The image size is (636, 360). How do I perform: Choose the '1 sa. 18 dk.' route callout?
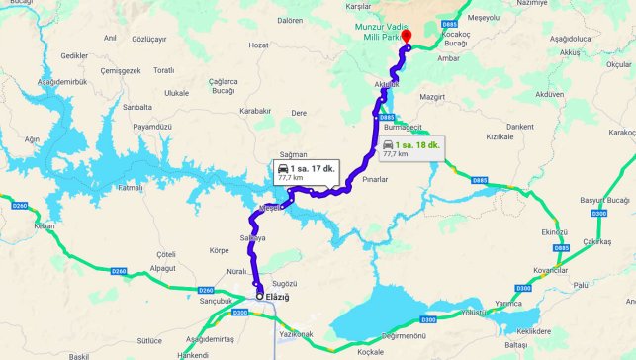[411, 148]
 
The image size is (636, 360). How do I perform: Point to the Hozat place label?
[259, 45]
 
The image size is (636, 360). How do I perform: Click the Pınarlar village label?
[377, 179]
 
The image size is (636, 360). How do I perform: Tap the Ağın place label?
[32, 139]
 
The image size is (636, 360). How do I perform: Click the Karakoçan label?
[622, 132]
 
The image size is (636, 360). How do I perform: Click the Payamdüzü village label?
[152, 127]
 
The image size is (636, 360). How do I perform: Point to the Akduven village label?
[548, 95]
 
